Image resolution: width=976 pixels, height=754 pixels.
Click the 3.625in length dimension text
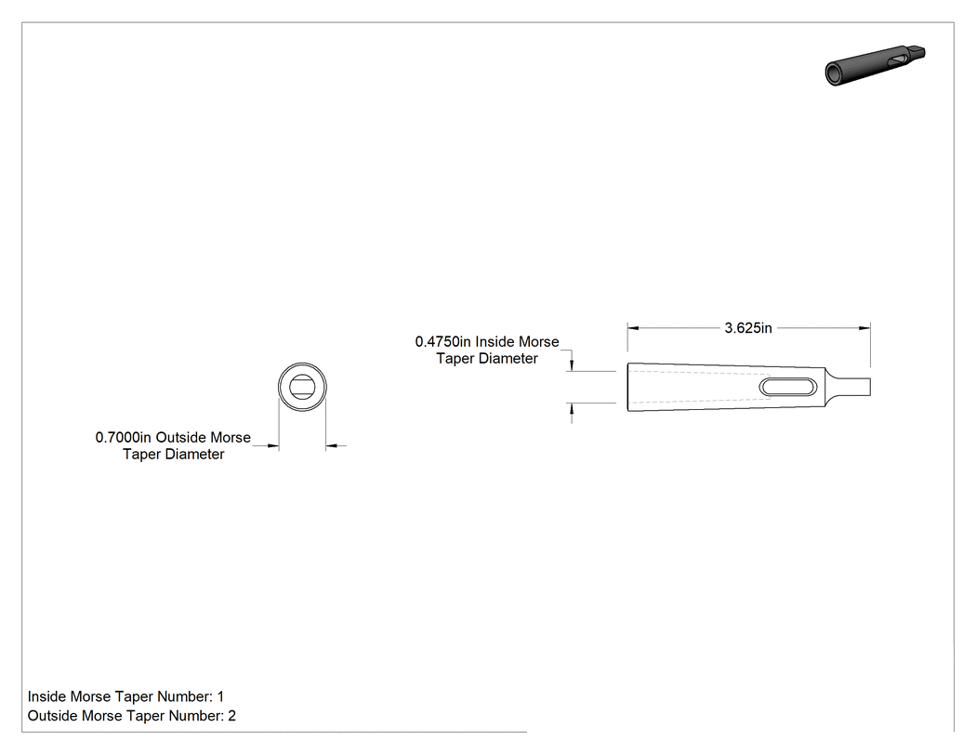[x=747, y=328]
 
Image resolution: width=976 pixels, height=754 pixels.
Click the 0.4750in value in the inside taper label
[x=443, y=342]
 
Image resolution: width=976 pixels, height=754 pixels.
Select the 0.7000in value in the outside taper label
[x=124, y=438]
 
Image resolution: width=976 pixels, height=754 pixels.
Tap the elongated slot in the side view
[x=787, y=388]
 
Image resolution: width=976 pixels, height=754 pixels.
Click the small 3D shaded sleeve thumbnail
[x=876, y=65]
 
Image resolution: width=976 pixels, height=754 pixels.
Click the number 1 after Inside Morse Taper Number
[x=220, y=696]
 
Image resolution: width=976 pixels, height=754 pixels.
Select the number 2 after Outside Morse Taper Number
[x=232, y=716]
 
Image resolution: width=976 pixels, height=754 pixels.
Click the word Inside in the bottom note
[x=46, y=696]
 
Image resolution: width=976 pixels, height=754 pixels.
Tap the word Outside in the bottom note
[x=51, y=716]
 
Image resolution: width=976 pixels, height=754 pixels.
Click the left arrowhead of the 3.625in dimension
[x=633, y=328]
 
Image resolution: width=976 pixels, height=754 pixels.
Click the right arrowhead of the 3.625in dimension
[x=864, y=328]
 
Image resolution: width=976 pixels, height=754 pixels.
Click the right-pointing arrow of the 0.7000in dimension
[x=272, y=446]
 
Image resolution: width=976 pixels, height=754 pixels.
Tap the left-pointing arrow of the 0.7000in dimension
[x=333, y=446]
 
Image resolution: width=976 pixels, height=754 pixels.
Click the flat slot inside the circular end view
[x=302, y=387]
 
